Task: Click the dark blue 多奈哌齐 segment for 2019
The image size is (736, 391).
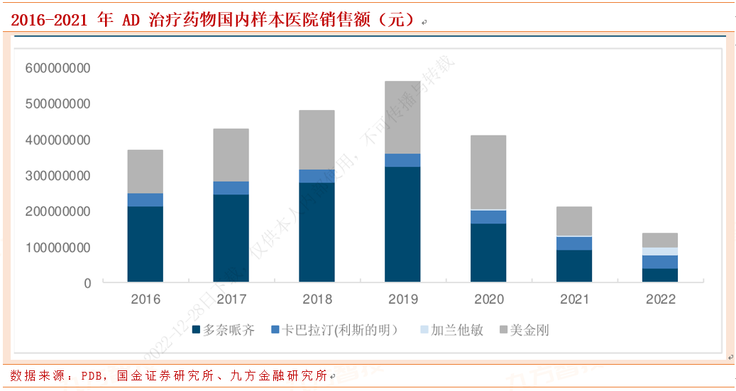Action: [402, 224]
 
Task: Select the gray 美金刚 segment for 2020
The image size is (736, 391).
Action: [488, 172]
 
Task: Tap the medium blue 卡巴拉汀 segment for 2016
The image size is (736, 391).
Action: [145, 199]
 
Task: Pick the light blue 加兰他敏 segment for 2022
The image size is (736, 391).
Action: [660, 251]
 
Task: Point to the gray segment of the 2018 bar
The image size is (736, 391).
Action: [317, 140]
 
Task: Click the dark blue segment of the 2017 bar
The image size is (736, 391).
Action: [231, 238]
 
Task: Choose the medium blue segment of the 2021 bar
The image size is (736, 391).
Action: [574, 243]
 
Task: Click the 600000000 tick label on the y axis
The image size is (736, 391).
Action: [58, 68]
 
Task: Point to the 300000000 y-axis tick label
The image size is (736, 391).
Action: [58, 175]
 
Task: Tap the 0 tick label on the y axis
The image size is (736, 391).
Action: [87, 283]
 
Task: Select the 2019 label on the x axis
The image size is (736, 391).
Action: [402, 299]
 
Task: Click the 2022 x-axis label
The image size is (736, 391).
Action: [660, 299]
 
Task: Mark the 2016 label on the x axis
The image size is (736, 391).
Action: [145, 299]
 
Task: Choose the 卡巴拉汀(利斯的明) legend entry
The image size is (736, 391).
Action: [333, 330]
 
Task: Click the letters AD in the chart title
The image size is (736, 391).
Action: [131, 19]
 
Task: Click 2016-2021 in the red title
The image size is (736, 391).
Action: [49, 19]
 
